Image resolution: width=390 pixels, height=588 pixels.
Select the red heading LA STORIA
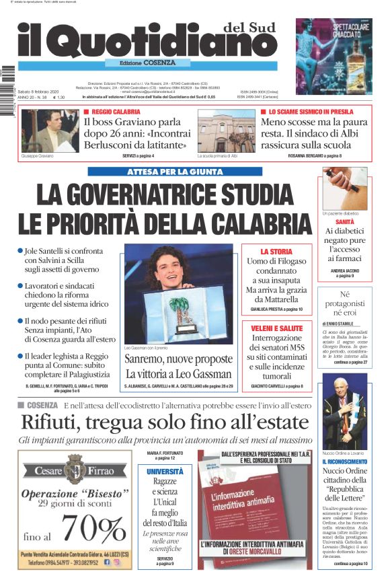[x=276, y=251]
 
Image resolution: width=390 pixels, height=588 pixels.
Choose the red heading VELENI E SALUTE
[x=276, y=328]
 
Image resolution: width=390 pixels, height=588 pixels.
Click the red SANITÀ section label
[x=345, y=221]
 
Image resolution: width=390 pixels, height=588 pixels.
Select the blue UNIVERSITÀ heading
[x=165, y=472]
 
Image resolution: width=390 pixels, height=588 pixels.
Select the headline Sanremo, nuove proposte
[x=178, y=360]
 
